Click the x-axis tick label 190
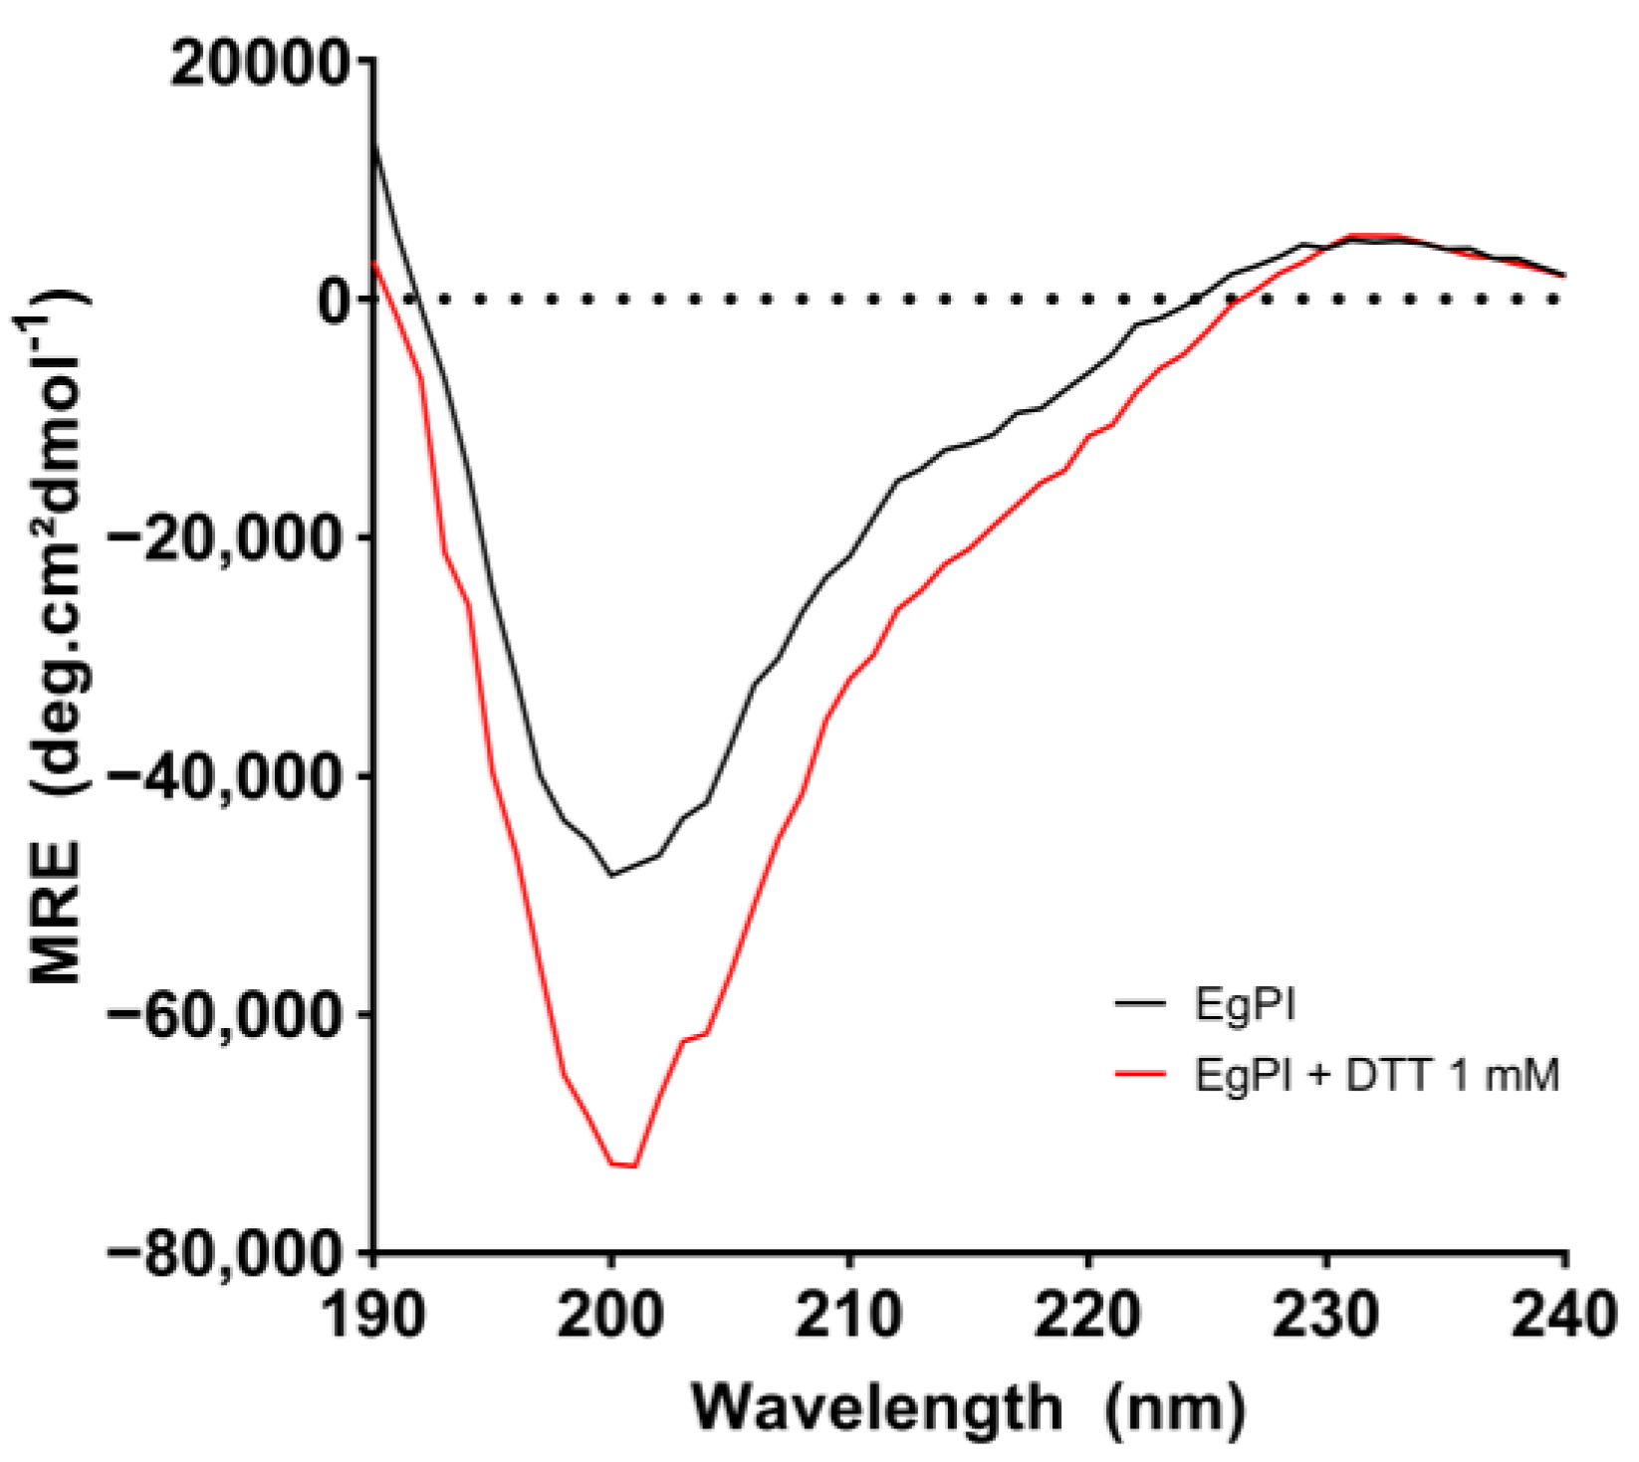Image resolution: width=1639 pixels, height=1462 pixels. [x=374, y=1316]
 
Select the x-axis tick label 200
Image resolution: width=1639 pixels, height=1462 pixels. [x=611, y=1316]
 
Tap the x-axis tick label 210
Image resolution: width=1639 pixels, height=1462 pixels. [x=849, y=1316]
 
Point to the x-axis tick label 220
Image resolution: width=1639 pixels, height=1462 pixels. [x=1087, y=1316]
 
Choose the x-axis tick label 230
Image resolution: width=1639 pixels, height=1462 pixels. [x=1325, y=1316]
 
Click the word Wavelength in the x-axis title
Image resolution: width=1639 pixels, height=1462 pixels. [x=877, y=1407]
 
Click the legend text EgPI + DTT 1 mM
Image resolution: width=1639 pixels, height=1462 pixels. [x=1376, y=1076]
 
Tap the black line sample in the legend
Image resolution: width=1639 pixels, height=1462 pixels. [x=1140, y=1004]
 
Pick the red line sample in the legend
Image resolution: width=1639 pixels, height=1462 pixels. [x=1140, y=1074]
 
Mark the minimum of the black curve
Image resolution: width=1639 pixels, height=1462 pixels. [x=611, y=875]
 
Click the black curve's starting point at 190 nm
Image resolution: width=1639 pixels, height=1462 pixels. [x=374, y=145]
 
